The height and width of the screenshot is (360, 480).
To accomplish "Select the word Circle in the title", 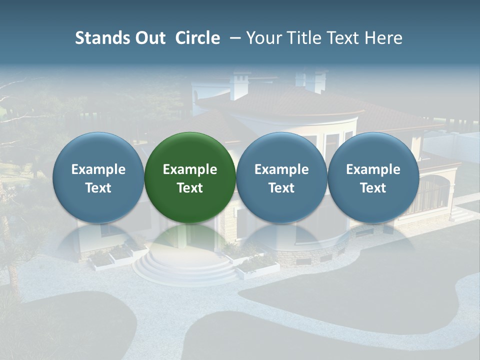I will coord(197,38).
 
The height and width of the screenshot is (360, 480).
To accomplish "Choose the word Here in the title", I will coord(384,38).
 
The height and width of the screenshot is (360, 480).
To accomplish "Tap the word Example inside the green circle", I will coord(190,169).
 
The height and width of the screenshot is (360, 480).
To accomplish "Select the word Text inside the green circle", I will coord(190,188).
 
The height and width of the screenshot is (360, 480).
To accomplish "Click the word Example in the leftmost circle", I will coord(98,169).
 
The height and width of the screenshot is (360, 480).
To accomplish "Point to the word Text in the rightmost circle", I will coord(373,188).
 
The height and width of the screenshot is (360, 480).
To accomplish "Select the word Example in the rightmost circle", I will coord(373,169).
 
